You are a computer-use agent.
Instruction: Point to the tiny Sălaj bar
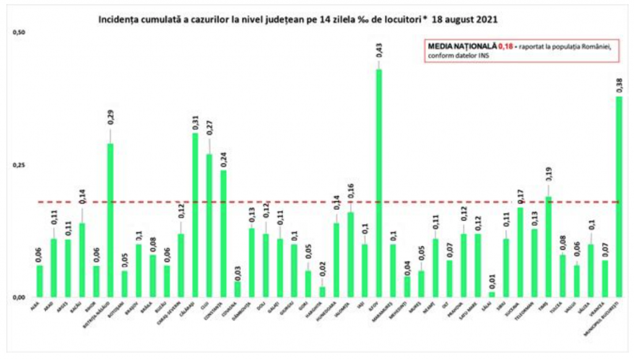[x=492, y=294]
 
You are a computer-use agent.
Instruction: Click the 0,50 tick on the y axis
[x=19, y=32]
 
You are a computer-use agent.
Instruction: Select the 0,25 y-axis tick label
[x=19, y=165]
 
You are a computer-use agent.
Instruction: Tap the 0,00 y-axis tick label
[x=19, y=297]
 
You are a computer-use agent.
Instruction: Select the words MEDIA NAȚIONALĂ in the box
[x=462, y=47]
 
